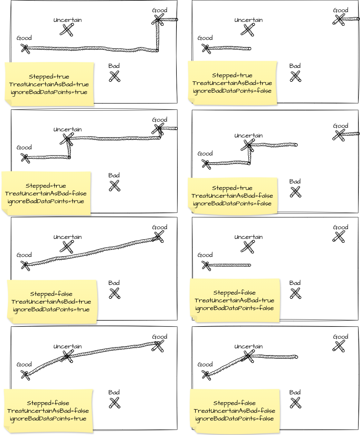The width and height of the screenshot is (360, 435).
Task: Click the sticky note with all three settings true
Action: (49, 84)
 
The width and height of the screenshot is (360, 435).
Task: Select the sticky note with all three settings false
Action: (234, 411)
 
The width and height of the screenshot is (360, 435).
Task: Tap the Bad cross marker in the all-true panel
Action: (115, 76)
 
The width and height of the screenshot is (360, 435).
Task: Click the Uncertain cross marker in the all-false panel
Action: (248, 356)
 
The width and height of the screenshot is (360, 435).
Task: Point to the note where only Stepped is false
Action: (52, 301)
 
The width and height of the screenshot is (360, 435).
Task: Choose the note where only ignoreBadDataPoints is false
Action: (232, 83)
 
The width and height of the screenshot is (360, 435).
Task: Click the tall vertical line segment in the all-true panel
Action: (157, 35)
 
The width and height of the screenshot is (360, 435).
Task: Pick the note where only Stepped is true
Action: (232, 195)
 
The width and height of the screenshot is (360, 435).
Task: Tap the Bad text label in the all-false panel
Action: (295, 392)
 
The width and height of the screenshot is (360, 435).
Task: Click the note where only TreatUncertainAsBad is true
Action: (234, 300)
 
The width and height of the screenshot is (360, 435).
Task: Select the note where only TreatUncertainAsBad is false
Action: (46, 193)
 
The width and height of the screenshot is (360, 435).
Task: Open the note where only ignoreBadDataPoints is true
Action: (48, 411)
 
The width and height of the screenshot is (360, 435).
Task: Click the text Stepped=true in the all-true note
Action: (49, 77)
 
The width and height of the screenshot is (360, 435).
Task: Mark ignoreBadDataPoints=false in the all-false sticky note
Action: (234, 418)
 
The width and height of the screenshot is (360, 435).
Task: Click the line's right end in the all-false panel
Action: (296, 357)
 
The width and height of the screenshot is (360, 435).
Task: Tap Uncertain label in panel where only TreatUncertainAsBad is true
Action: (248, 237)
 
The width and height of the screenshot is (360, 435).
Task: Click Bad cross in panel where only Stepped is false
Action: (115, 293)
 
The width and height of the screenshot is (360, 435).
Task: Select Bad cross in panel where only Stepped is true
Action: (295, 192)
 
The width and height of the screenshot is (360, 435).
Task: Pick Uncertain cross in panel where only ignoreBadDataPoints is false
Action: (248, 30)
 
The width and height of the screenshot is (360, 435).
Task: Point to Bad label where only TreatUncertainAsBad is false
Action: (114, 175)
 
